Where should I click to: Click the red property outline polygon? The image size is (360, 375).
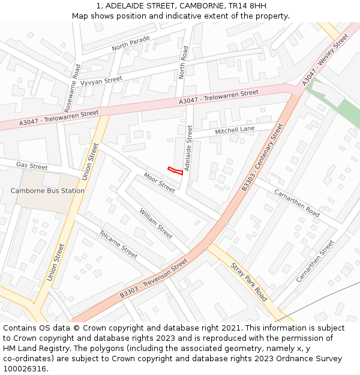point(175,170)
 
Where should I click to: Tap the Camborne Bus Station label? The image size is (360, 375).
point(47,191)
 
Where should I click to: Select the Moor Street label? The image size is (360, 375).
point(159,182)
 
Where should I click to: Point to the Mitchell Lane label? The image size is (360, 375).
point(235,130)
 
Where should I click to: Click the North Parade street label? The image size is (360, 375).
point(130,43)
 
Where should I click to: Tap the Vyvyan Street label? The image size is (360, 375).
point(101,81)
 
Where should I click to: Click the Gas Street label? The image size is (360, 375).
point(32,166)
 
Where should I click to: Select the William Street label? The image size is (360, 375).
point(156,220)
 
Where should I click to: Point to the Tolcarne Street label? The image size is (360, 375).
point(118,244)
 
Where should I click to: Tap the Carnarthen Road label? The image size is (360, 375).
point(297,202)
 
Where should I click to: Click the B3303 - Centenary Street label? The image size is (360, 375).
point(262,157)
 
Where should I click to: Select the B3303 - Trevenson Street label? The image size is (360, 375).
point(154,278)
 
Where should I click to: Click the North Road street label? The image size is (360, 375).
point(184,62)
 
